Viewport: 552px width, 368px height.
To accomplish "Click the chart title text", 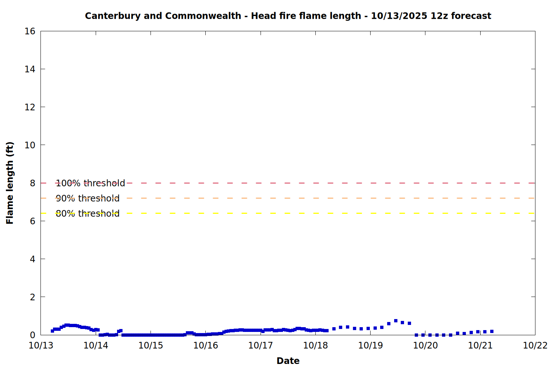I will click(x=288, y=16).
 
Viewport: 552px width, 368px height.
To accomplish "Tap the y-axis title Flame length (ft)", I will click(x=10, y=183).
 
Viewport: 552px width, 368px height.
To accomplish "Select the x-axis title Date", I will click(x=288, y=361).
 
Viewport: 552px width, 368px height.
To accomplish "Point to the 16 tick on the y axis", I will click(x=30, y=31).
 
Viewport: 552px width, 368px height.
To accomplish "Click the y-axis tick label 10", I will click(x=30, y=145).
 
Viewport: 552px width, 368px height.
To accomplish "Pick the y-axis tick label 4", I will click(x=32, y=259).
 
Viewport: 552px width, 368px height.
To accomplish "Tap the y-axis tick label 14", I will click(x=30, y=69).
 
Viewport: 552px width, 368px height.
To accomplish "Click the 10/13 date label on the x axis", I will click(x=40, y=346).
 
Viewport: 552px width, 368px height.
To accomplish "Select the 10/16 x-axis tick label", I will click(x=205, y=346).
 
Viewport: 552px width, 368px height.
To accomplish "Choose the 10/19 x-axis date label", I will click(x=370, y=346).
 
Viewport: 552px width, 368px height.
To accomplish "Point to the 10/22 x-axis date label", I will click(x=535, y=346).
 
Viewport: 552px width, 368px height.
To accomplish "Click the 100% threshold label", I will click(x=90, y=183).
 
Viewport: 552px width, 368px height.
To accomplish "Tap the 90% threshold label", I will click(x=88, y=198).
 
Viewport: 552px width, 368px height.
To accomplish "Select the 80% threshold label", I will click(x=88, y=213).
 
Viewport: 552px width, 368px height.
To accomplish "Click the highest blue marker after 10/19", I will click(x=396, y=321).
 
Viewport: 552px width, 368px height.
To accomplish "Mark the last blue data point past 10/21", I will click(x=492, y=332).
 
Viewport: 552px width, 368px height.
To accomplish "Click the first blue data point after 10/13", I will click(x=52, y=331).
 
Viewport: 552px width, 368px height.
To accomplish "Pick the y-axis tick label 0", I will click(x=32, y=335).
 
